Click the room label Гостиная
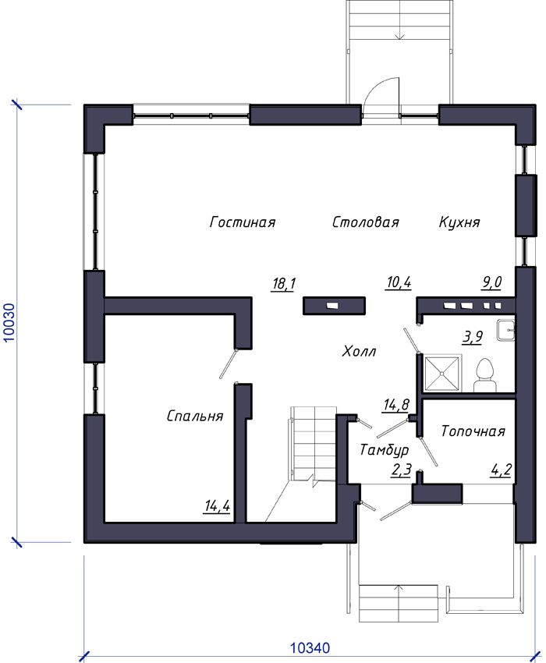(243, 222)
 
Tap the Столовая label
(365, 222)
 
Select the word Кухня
(459, 222)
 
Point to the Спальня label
(195, 416)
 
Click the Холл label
(359, 351)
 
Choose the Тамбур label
(385, 449)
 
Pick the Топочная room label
(473, 431)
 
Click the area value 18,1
(284, 283)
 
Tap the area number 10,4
(399, 282)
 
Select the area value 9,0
(492, 282)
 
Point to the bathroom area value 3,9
(472, 337)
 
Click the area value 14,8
(396, 405)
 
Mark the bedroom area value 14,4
(218, 506)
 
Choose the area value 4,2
(502, 470)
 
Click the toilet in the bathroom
(484, 375)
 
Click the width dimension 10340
(310, 647)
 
